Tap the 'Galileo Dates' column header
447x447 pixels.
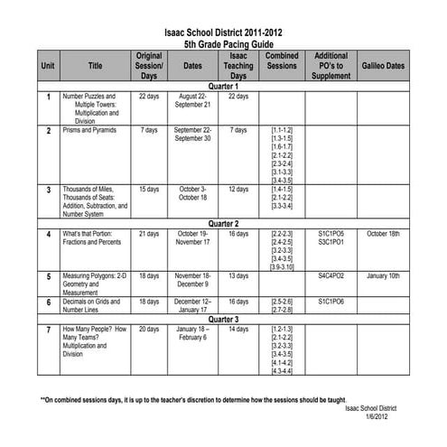coord(383,66)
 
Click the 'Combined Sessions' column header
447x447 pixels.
coord(282,66)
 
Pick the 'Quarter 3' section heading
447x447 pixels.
coord(222,319)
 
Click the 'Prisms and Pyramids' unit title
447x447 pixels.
coord(89,130)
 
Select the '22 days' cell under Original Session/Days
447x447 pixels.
coord(149,96)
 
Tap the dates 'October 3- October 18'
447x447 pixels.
coord(192,193)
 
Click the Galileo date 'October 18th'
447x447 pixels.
coord(383,234)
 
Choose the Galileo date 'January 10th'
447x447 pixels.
coord(383,275)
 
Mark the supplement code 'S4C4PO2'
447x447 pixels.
coord(331,275)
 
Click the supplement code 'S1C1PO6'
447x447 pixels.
coord(331,300)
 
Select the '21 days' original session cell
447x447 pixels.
coord(149,234)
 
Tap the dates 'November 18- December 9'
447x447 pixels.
coord(192,280)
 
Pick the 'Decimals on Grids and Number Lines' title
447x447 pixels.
coord(90,304)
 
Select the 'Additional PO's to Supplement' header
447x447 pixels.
coord(331,66)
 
